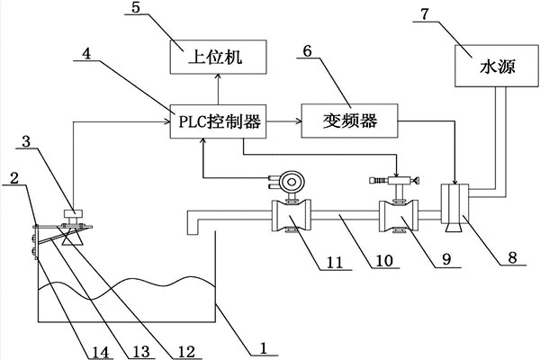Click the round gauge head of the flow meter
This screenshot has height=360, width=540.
(290, 180)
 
